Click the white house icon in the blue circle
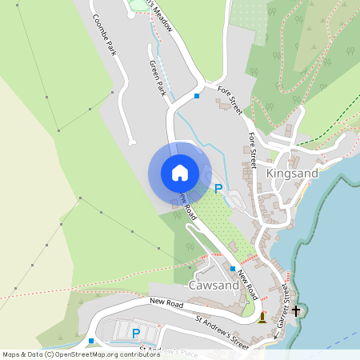(180, 173)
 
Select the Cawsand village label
(212, 285)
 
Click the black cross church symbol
(296, 310)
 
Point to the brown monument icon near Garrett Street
(262, 318)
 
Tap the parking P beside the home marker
(218, 189)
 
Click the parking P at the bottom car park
(135, 333)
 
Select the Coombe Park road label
(104, 34)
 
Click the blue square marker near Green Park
(197, 97)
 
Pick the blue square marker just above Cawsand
(233, 269)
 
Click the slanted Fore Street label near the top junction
(229, 102)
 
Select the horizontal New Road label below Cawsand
(166, 302)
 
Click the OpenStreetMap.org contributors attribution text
(109, 354)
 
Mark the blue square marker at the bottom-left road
(91, 341)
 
